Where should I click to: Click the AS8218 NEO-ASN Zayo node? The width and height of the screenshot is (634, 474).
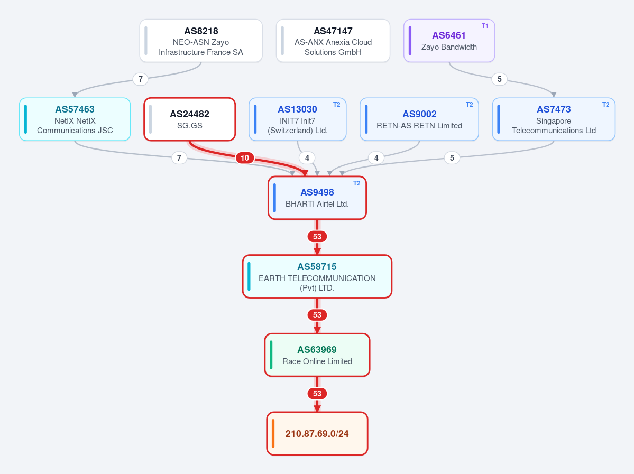[201, 41]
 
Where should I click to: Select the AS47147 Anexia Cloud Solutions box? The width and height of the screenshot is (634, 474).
[333, 41]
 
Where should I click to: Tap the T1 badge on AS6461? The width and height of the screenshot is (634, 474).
[485, 26]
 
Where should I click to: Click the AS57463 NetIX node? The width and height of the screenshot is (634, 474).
[75, 119]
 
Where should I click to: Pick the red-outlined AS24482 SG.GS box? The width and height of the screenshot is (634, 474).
[190, 119]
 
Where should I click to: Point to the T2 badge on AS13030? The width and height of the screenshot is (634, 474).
[336, 105]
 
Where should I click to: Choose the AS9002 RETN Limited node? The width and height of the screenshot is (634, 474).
[419, 119]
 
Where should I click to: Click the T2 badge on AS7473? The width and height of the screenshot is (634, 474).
[605, 105]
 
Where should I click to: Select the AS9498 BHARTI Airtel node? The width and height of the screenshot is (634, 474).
[317, 198]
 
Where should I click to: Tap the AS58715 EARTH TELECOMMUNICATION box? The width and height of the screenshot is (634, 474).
[317, 276]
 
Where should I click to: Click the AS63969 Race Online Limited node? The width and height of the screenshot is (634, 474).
[317, 355]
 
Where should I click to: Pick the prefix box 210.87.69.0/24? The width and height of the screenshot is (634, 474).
[317, 434]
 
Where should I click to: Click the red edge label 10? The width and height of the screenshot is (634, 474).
[245, 158]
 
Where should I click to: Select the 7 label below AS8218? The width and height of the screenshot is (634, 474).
[140, 79]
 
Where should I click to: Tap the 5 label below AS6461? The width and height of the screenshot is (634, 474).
[499, 79]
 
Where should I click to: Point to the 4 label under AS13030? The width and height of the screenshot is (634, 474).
[307, 158]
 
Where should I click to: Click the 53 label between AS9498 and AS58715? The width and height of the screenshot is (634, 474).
[317, 236]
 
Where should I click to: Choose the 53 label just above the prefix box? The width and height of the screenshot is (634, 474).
[317, 394]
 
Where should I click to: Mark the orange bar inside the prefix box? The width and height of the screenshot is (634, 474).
[273, 434]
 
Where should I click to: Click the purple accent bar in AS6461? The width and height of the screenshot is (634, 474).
[410, 41]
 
